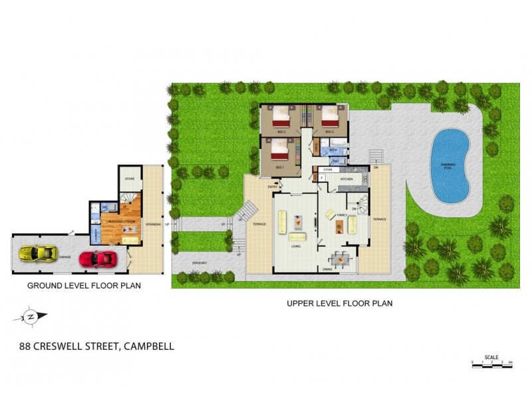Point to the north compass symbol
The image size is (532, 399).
tap(30, 317)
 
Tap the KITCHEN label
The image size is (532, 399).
tap(346, 180)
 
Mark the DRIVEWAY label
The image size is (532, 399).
tap(199, 263)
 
